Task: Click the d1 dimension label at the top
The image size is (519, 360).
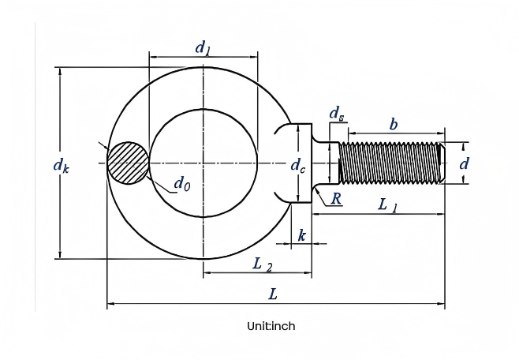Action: pos(203,47)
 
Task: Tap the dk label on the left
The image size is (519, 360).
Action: pos(62,165)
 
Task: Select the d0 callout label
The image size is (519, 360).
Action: pos(182,183)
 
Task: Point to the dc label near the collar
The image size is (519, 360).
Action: pos(298,165)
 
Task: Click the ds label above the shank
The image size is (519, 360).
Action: pos(337,114)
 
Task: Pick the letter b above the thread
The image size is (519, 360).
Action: pos(394,125)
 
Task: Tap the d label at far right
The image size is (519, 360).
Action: pos(464,163)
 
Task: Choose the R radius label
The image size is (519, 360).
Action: pos(336,199)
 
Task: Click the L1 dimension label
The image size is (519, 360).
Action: pos(387,205)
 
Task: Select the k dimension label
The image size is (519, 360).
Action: pos(301,235)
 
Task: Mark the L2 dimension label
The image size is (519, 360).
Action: pos(263,265)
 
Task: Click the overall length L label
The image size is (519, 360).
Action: pos(272,294)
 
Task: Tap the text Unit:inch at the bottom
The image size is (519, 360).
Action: pos(271,326)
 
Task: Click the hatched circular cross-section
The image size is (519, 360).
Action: pos(128,163)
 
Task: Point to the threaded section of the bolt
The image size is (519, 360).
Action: pos(390,163)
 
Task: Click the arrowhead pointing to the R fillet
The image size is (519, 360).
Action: pos(317,190)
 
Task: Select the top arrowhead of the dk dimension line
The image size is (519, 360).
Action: pos(60,71)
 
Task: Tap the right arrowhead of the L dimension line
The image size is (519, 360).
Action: pos(441,303)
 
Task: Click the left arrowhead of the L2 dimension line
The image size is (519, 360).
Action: pos(207,272)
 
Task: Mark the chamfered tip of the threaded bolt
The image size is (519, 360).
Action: pos(442,163)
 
